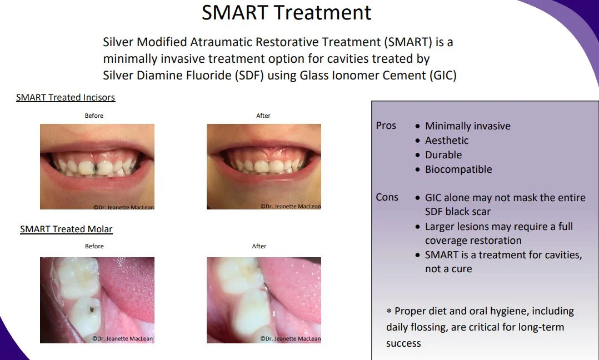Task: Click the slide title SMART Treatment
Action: [x=287, y=12]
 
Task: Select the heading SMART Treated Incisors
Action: [x=66, y=98]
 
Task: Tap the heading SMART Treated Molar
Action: [x=66, y=229]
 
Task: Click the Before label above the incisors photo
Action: [x=94, y=116]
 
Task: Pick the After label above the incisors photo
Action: [x=263, y=116]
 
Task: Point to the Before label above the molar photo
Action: [x=94, y=246]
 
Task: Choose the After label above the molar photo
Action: [x=259, y=246]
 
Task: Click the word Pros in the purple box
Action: [x=386, y=126]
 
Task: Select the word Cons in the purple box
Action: [x=387, y=197]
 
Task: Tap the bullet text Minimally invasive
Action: [x=467, y=126]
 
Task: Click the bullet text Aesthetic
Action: [x=447, y=141]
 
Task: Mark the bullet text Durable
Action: [x=443, y=155]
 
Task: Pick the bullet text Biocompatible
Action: [x=458, y=169]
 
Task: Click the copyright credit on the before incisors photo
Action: [x=123, y=207]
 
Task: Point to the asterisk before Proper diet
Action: [x=390, y=312]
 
